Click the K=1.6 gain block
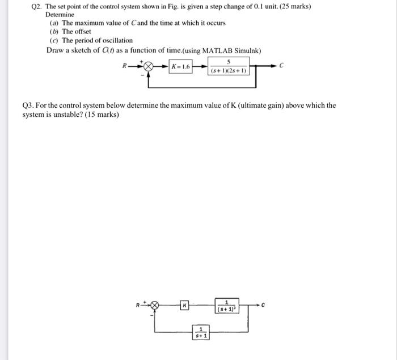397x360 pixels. point(180,67)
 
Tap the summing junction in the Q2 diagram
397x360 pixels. point(149,67)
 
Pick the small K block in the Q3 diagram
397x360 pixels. point(184,306)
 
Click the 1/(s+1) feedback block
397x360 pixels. point(200,332)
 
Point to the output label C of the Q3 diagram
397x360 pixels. point(263,305)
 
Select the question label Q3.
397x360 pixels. point(28,105)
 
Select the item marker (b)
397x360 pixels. point(54,32)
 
